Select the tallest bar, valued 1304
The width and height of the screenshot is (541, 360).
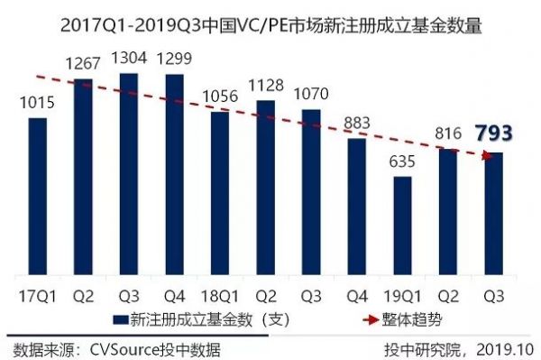128,175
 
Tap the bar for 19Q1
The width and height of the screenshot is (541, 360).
402,226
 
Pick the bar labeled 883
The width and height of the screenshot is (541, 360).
357,208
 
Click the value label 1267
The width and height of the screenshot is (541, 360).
83,64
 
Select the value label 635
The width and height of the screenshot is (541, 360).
402,162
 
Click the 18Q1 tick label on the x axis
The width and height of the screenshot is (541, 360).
219,294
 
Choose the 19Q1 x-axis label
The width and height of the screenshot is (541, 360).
402,294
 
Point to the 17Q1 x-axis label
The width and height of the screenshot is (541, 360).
37,294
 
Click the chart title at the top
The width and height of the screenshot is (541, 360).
270,25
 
